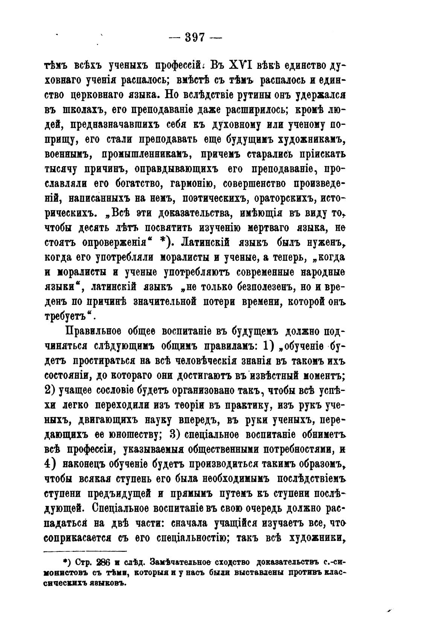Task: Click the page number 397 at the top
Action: pyautogui.click(x=195, y=38)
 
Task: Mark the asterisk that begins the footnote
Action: pyautogui.click(x=65, y=562)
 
